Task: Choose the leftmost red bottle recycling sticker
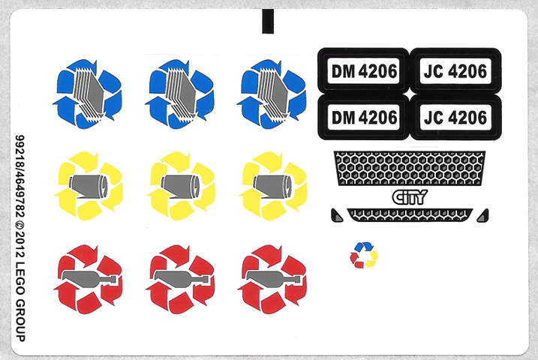click(x=89, y=280)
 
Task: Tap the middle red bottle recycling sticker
click(x=181, y=280)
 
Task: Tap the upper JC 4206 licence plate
click(x=455, y=72)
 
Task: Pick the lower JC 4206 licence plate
click(x=455, y=117)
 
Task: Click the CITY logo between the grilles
click(x=409, y=197)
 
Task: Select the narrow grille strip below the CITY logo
click(x=409, y=214)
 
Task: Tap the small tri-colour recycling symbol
click(x=364, y=254)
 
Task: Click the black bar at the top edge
click(x=268, y=21)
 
